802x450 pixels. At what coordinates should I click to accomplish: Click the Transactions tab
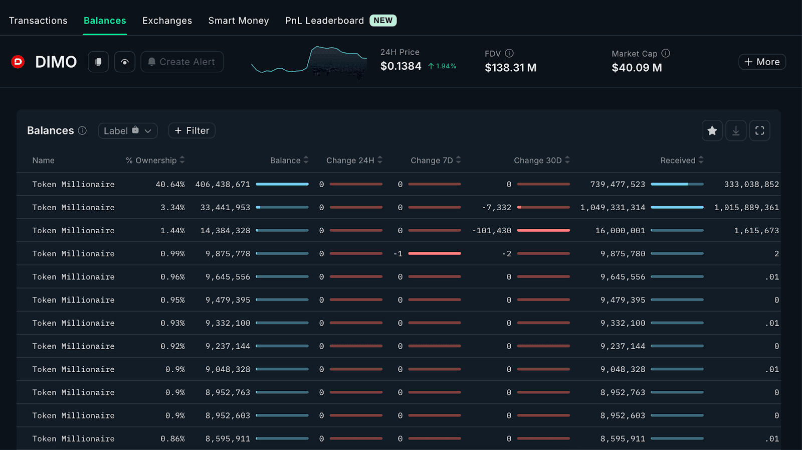tap(38, 21)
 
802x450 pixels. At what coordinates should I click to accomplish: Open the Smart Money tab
tap(239, 21)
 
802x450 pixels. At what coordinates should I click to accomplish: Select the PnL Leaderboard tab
tap(324, 21)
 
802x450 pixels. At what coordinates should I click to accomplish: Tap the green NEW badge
tap(383, 21)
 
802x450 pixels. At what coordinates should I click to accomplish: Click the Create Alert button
tap(182, 62)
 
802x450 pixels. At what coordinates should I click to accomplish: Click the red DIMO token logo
tap(18, 62)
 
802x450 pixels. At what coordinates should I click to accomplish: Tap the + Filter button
tap(192, 130)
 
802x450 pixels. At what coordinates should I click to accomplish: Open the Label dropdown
tap(127, 130)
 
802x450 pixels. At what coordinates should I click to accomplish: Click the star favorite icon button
tap(712, 130)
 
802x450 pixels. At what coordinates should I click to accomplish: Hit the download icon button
tap(736, 130)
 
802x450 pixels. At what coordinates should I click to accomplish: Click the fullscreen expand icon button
tap(759, 130)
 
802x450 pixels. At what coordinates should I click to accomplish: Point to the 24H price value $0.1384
tap(400, 66)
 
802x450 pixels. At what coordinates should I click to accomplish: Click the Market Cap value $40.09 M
tap(637, 68)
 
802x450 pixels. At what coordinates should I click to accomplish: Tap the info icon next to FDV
tap(509, 53)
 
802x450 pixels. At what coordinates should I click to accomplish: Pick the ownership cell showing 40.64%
tap(170, 185)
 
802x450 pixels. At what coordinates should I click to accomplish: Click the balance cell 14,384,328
tap(225, 231)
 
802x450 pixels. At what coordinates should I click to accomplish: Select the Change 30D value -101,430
tap(492, 231)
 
